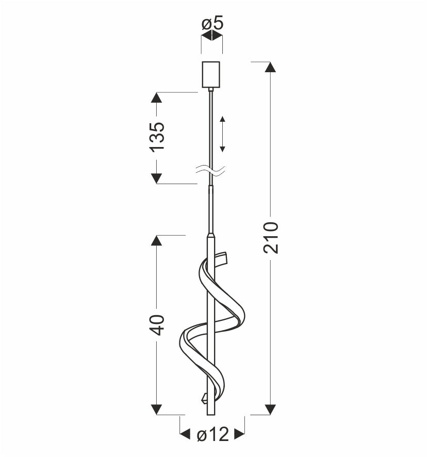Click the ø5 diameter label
pos(212,23)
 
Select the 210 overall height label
pos(271,238)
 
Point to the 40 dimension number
pos(157,324)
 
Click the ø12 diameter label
pos(213,435)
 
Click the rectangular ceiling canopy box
pos(211,74)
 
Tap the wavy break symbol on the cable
pos(210,171)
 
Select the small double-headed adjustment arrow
pos(222,134)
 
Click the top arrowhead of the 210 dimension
pos(270,67)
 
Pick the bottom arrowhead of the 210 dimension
pos(270,409)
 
